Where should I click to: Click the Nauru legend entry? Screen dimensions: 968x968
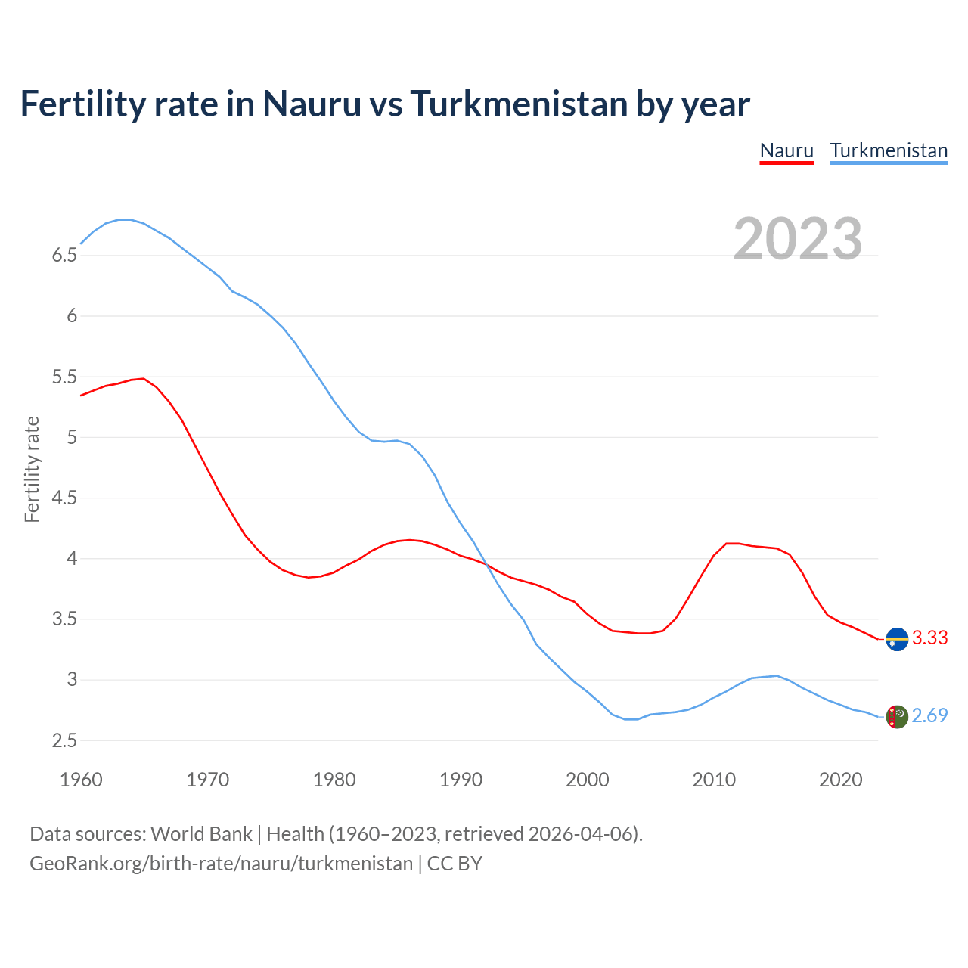(x=786, y=150)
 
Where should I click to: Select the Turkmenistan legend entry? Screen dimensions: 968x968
(x=889, y=150)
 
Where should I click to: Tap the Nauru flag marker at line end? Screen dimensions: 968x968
(x=897, y=639)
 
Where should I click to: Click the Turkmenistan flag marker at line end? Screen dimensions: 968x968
(x=897, y=717)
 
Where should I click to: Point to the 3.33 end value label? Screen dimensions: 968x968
(x=929, y=638)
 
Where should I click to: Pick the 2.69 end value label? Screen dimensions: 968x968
(x=929, y=716)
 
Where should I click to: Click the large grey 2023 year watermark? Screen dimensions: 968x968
(x=798, y=239)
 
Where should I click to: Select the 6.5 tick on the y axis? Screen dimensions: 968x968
(x=64, y=256)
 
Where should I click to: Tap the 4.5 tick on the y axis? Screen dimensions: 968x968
(x=64, y=498)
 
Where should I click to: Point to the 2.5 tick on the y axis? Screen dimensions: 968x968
(x=64, y=741)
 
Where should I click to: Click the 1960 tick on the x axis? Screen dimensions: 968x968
(x=81, y=780)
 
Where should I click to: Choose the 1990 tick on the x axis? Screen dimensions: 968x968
(x=461, y=780)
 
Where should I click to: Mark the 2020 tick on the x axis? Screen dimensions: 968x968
(x=840, y=780)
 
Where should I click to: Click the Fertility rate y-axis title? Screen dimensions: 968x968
(x=32, y=469)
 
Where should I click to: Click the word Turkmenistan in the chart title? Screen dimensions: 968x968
(x=518, y=104)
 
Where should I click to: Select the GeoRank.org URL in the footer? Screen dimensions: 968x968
(x=221, y=864)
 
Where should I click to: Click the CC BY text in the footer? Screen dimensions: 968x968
(x=455, y=864)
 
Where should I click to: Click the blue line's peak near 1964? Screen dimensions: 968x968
(x=126, y=219)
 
